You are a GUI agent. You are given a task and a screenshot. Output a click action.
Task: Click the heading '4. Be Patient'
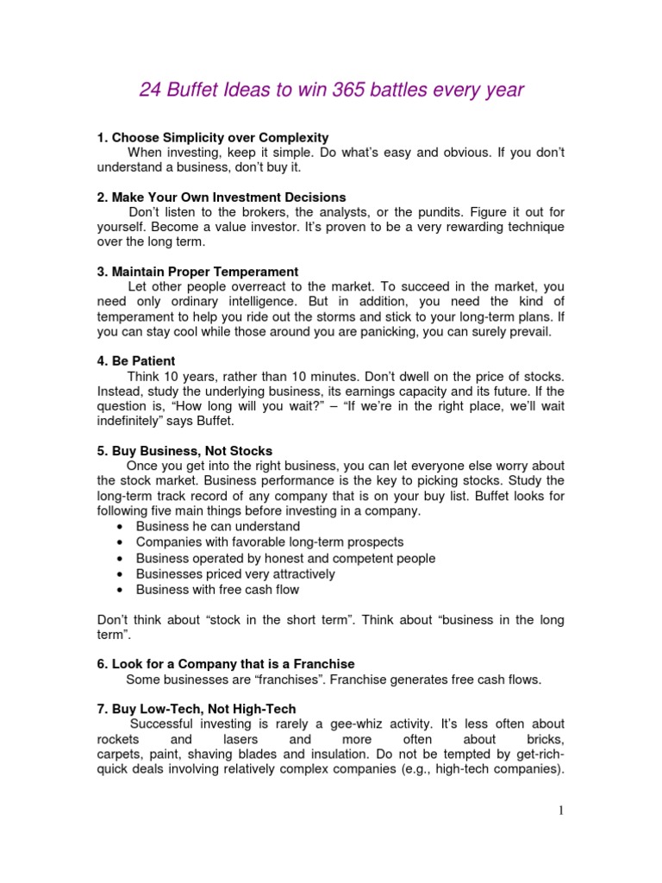coord(136,360)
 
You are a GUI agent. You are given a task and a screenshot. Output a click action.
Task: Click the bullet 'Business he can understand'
coord(218,526)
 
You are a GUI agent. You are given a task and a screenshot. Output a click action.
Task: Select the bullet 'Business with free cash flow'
coord(217,590)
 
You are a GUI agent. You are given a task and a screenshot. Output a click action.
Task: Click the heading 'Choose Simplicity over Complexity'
coord(220,137)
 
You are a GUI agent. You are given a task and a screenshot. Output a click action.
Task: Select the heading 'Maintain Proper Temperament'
coord(205,272)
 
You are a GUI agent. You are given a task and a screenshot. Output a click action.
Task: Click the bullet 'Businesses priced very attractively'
coord(235,574)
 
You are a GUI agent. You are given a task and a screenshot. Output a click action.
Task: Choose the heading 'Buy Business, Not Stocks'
coord(191,451)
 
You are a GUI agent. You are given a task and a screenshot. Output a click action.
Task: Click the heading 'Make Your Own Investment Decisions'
coord(228,197)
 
